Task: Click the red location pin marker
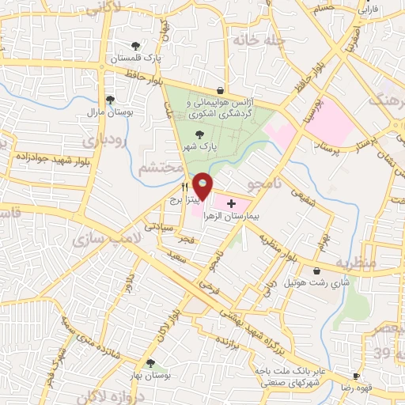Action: (203, 185)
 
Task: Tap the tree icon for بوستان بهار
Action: (150, 365)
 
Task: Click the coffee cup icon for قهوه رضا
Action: (356, 376)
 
